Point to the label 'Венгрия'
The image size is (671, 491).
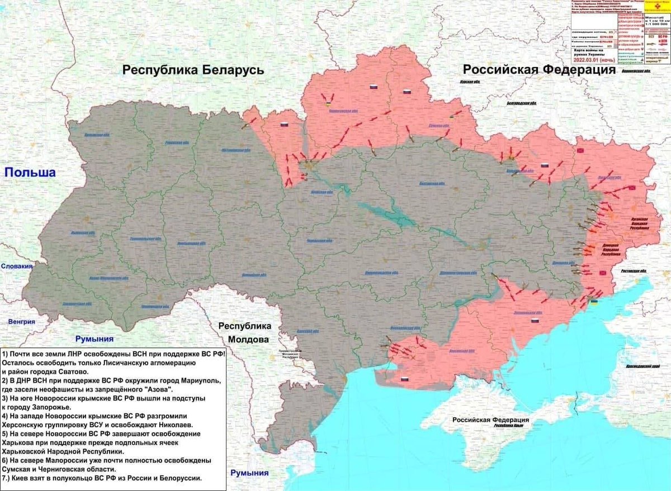22,321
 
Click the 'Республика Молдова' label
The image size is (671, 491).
244,332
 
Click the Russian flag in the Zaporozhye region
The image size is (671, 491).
534,322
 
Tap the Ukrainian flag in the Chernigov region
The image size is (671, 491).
327,104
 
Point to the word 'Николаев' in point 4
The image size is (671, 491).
173,425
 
